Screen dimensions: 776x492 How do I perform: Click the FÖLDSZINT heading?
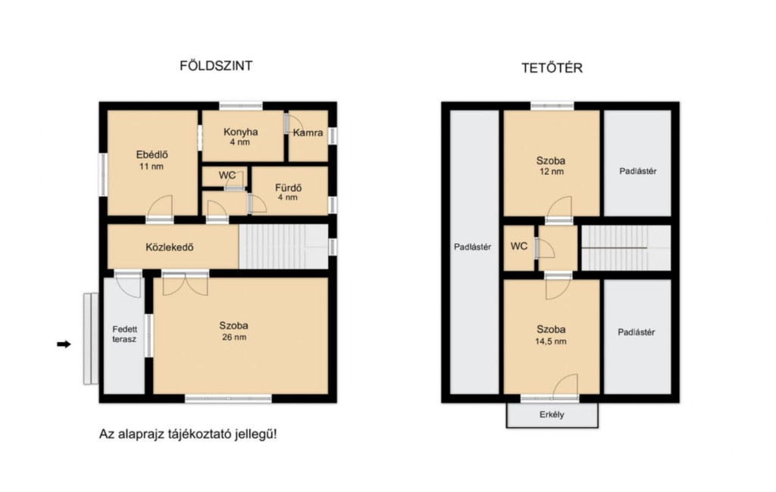click(x=216, y=66)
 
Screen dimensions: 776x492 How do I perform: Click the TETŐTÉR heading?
click(x=552, y=67)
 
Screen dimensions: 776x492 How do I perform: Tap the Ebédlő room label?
click(x=152, y=154)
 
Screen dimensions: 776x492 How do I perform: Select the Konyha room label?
click(x=240, y=132)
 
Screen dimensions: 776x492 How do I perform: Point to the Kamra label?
click(x=308, y=132)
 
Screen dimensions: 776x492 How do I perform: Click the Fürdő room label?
click(x=288, y=188)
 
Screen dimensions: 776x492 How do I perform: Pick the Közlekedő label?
click(x=169, y=248)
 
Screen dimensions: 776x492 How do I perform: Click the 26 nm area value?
click(x=233, y=338)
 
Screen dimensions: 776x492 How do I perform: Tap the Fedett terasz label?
click(x=124, y=335)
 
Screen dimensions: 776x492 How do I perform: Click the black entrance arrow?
click(x=64, y=344)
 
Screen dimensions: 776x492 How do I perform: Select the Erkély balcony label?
click(x=552, y=415)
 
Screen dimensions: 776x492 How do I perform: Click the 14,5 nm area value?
click(x=551, y=341)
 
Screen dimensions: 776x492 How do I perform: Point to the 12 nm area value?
click(x=551, y=172)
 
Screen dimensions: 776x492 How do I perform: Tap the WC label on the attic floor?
click(x=518, y=246)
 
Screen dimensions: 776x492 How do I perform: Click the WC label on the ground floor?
click(x=227, y=176)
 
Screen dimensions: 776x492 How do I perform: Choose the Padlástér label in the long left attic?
click(x=472, y=248)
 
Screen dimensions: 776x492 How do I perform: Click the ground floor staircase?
click(x=283, y=247)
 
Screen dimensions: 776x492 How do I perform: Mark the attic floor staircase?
click(x=626, y=248)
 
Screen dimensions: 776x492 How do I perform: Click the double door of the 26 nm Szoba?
click(x=185, y=284)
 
